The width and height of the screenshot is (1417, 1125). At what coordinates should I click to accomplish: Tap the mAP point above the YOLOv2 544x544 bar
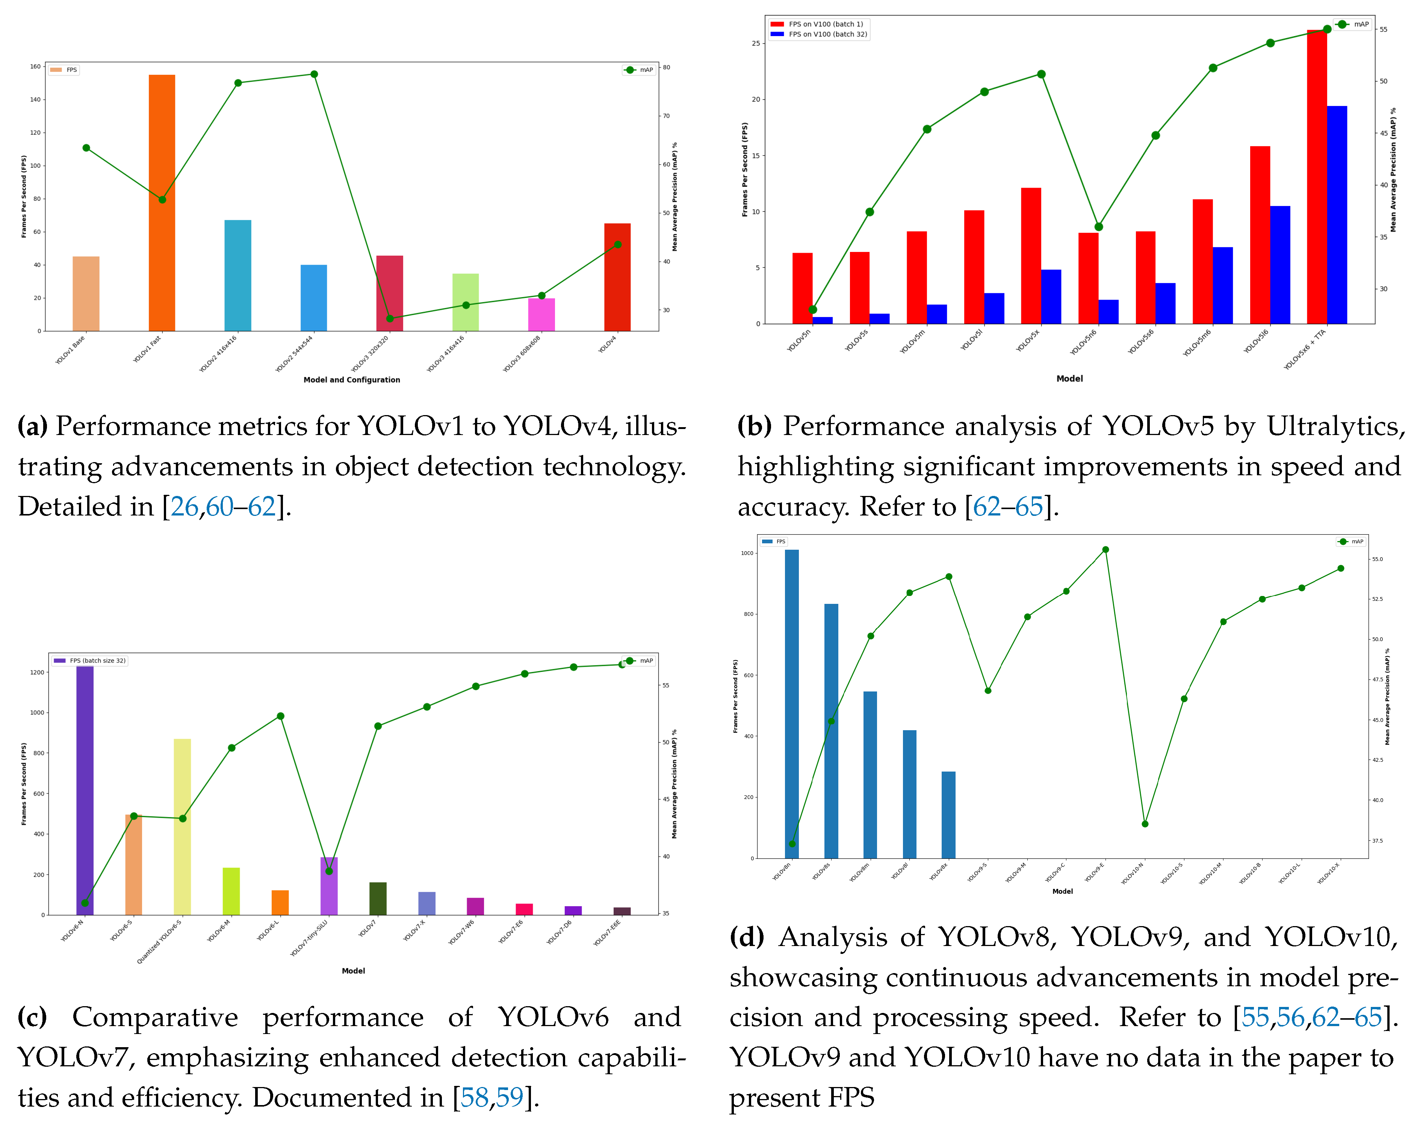[314, 74]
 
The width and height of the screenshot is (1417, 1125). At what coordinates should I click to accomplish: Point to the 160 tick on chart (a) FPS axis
[35, 67]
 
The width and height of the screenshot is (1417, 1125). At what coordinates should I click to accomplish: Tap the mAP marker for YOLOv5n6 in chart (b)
[1098, 227]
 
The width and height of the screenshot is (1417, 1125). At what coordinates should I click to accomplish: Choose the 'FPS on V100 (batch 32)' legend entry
[827, 34]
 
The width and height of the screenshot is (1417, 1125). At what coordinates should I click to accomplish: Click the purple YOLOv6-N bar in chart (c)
[85, 789]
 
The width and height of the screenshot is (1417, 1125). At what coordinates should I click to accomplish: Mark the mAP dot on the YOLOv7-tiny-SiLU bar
[329, 871]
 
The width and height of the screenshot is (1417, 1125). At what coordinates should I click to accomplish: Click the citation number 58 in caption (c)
[475, 1098]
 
